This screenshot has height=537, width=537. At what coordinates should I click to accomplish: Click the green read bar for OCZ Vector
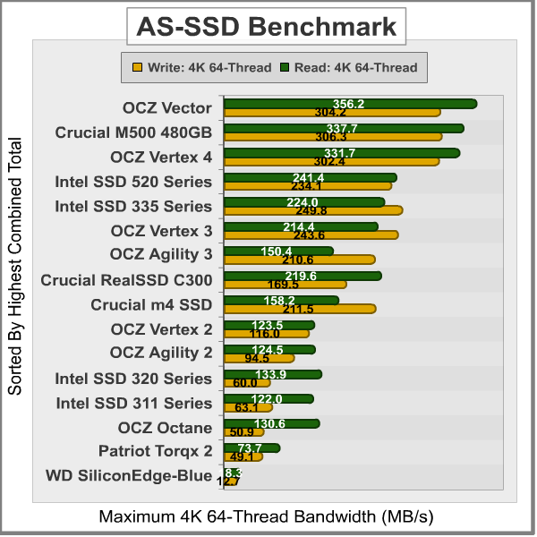[350, 104]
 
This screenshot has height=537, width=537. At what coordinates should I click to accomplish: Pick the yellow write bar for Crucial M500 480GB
[333, 137]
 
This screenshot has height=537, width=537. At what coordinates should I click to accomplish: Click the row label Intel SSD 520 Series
[133, 182]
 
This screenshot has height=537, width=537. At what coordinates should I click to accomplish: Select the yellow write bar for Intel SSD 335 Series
[312, 210]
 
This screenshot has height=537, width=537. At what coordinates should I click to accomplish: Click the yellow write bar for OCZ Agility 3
[299, 260]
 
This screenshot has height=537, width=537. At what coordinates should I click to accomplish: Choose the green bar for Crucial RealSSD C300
[302, 276]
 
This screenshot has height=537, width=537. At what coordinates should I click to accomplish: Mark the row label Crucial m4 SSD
[151, 304]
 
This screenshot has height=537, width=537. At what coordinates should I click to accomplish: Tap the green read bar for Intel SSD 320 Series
[272, 374]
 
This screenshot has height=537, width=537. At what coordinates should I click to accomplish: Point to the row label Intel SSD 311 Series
[133, 403]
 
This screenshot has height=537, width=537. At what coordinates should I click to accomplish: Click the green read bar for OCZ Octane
[270, 423]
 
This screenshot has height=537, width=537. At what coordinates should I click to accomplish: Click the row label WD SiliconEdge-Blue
[129, 475]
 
